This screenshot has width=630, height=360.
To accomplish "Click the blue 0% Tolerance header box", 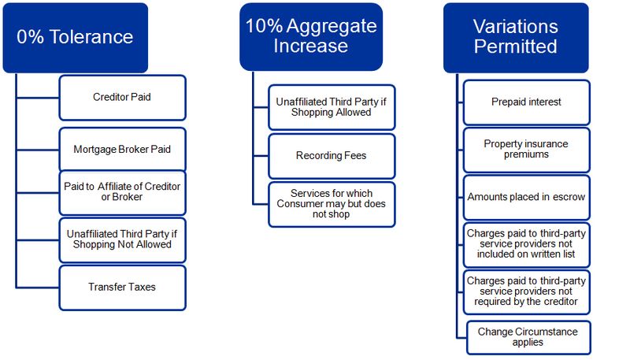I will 74,38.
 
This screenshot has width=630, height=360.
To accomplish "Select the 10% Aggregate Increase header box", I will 311,36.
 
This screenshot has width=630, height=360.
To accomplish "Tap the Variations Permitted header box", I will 516,37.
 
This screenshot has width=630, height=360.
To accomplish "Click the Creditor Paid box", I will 122,98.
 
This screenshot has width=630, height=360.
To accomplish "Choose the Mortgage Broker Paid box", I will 122,149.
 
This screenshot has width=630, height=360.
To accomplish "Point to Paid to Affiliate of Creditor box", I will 122,192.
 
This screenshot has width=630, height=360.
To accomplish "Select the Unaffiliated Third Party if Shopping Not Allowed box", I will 122,239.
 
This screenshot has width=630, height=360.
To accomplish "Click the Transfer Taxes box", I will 122,287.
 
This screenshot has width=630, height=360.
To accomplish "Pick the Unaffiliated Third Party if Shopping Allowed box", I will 331,107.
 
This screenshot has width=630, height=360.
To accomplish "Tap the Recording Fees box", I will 331,155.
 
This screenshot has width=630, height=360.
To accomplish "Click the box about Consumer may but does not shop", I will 331,204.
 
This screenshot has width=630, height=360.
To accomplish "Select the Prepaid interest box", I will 526,102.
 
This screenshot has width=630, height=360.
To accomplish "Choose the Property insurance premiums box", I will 526,150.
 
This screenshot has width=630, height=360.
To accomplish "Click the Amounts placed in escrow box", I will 526,197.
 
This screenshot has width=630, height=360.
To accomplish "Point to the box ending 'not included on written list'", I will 526,244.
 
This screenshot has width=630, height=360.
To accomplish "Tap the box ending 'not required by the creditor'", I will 526,291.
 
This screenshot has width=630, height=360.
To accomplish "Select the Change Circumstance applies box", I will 528,337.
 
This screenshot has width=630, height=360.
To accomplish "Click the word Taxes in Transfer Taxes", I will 143,287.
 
